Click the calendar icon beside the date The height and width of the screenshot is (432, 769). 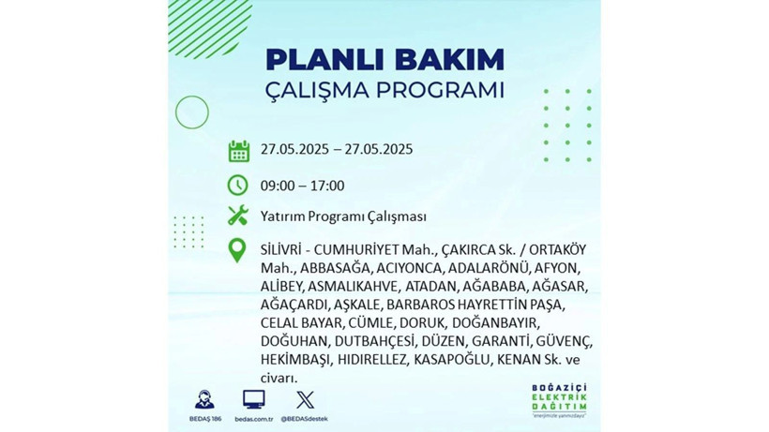click(238, 151)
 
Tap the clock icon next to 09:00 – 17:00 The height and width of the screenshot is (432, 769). click(238, 185)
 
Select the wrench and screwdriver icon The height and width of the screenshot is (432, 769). click(238, 216)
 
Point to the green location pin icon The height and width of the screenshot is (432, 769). click(238, 249)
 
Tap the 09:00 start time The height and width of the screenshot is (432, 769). click(279, 186)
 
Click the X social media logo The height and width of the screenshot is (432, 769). click(304, 398)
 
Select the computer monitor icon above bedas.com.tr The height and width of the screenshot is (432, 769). click(253, 398)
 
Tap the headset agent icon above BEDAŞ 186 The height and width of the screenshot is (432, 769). click(204, 398)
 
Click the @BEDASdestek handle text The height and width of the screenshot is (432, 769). click(304, 418)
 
